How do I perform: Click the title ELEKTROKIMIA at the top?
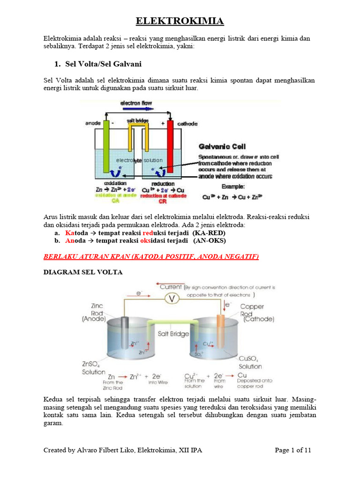(x=180, y=21)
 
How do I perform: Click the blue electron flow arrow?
(x=136, y=108)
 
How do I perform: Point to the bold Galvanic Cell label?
(x=222, y=147)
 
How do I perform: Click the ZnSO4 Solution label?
(x=94, y=368)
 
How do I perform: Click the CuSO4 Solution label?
(x=250, y=362)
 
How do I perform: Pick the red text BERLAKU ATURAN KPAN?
(x=151, y=257)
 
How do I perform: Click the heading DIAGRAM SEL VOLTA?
(x=83, y=272)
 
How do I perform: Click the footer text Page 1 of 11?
(x=292, y=450)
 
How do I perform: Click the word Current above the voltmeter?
(x=171, y=286)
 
